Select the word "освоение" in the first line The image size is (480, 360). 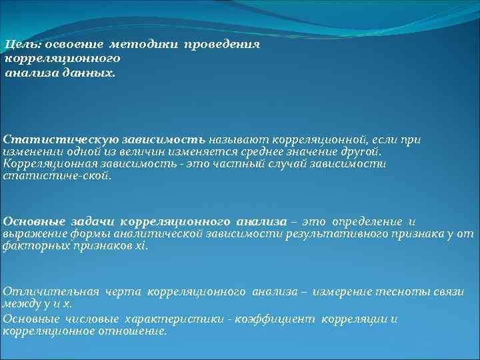coord(70,45)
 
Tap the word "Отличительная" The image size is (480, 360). coord(51,291)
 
